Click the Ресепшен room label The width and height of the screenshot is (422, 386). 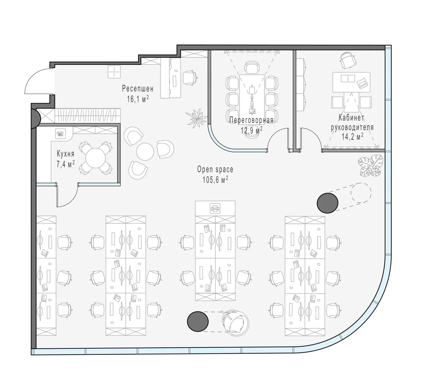coord(137,89)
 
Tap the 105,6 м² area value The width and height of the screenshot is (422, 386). coord(215,180)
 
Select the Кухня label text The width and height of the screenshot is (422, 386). coord(66,154)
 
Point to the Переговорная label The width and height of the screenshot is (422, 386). coord(251,120)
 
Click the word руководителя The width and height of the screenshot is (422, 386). coord(352,128)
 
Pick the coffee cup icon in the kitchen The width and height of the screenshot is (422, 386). coord(60,133)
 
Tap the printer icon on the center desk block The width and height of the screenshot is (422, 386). coord(215,209)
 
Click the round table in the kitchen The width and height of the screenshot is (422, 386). coord(95,158)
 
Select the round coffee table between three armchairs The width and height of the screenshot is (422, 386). coord(145,152)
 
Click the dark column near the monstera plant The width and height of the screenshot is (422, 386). coord(327,203)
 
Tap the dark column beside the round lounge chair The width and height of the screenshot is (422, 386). coord(198,321)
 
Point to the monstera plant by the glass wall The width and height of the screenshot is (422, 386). coord(370,166)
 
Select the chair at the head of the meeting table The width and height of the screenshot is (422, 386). coord(252,67)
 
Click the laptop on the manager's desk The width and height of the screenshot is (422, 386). coord(363,83)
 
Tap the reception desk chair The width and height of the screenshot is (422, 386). coord(190,78)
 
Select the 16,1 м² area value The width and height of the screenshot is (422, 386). coord(138,99)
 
